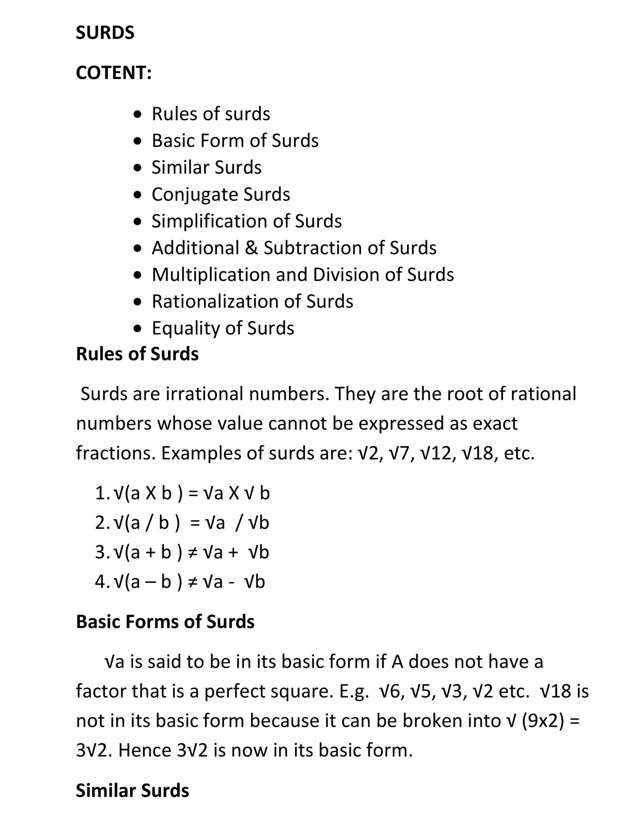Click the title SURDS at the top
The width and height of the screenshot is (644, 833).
105,33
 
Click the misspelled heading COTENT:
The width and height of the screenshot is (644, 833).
114,73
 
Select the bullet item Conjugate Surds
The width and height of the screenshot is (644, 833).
221,194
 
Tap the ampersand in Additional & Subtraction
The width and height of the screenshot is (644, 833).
251,248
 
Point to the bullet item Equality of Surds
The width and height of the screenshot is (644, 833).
223,328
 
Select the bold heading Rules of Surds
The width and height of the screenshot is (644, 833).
137,354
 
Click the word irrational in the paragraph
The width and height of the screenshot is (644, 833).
204,394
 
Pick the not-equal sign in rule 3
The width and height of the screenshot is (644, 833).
193,552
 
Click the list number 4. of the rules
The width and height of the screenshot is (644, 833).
102,582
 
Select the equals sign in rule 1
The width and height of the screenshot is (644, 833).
193,493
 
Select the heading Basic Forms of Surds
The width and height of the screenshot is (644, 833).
165,622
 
